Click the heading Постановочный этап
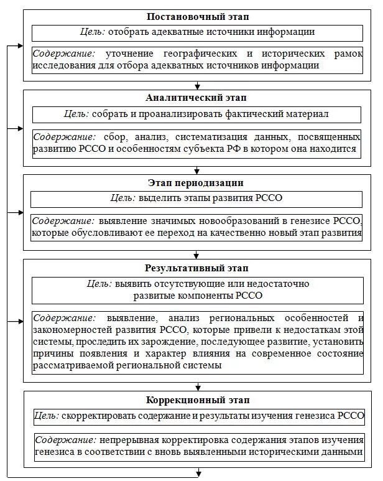pos(196,16)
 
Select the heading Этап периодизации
pos(196,184)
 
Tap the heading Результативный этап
pos(196,269)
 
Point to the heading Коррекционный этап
pos(196,400)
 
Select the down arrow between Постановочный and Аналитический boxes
pos(197,86)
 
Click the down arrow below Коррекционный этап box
pos(197,472)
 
